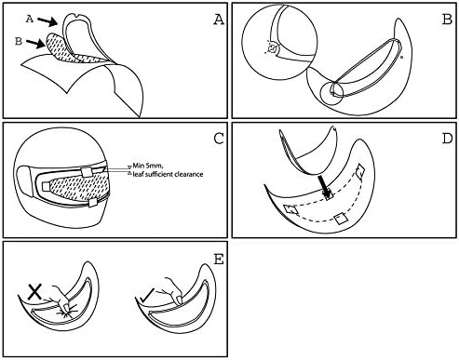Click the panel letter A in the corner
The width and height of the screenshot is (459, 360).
pyautogui.click(x=219, y=20)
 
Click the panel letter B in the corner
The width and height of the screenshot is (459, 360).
pyautogui.click(x=447, y=20)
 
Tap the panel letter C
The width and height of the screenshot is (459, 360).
pyautogui.click(x=219, y=139)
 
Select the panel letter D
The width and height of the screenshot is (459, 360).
pyautogui.click(x=447, y=139)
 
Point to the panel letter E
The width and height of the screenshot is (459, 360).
pyautogui.click(x=219, y=259)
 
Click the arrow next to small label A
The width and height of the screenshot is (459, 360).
pyautogui.click(x=47, y=21)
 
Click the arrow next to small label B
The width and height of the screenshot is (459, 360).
pyautogui.click(x=35, y=44)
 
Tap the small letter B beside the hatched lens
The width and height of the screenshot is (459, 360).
pyautogui.click(x=19, y=41)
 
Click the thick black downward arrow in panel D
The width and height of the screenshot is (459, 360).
pyautogui.click(x=325, y=186)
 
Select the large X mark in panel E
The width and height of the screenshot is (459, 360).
pyautogui.click(x=34, y=292)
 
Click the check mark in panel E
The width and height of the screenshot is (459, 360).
pyautogui.click(x=146, y=296)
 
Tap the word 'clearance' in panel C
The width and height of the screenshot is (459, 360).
pyautogui.click(x=188, y=174)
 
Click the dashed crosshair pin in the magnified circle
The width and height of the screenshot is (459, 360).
pyautogui.click(x=272, y=48)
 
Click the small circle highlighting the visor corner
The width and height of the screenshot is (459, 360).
pyautogui.click(x=332, y=93)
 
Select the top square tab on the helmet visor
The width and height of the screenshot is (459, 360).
pyautogui.click(x=87, y=172)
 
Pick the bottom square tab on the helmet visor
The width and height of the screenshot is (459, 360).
pyautogui.click(x=93, y=203)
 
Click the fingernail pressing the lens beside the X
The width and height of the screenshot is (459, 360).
pyautogui.click(x=66, y=308)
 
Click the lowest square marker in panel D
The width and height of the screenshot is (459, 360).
pyautogui.click(x=341, y=219)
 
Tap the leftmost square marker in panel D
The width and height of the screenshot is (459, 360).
pyautogui.click(x=291, y=210)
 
